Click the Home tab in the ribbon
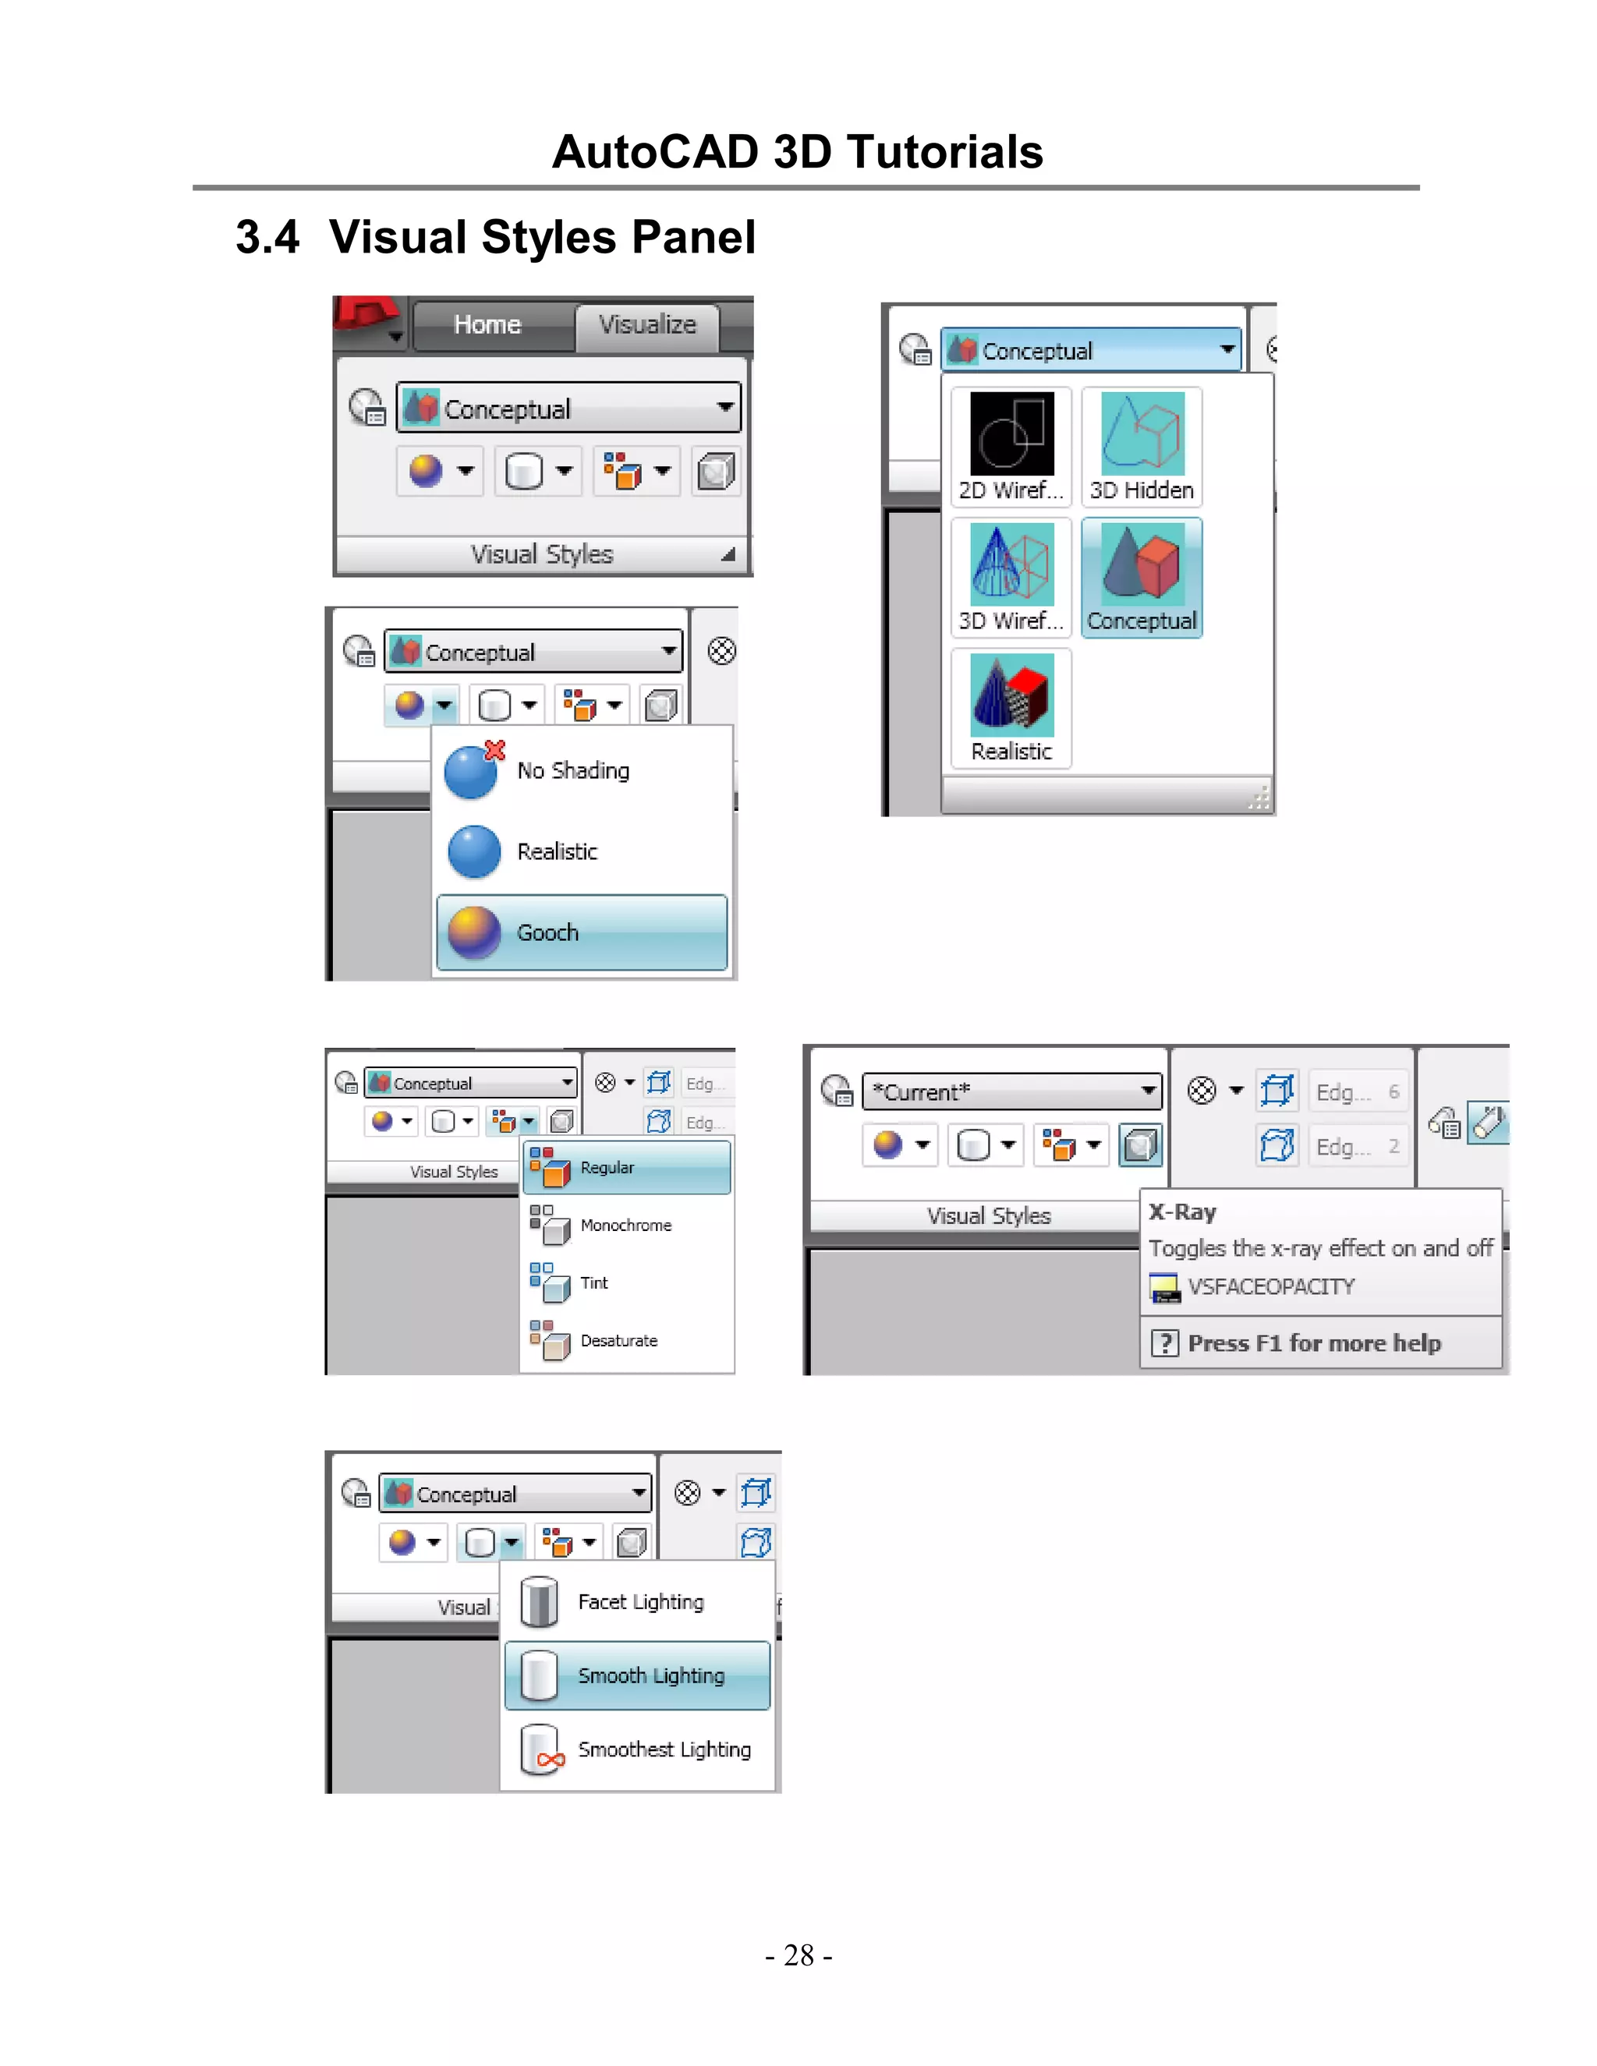[x=487, y=324]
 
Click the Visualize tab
[x=647, y=324]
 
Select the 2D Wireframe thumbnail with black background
[x=1011, y=445]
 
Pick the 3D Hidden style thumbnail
[x=1142, y=445]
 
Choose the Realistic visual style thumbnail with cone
[x=1011, y=706]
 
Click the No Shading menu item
[x=572, y=771]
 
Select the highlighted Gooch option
[x=581, y=932]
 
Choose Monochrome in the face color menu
[x=625, y=1225]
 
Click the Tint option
[x=594, y=1282]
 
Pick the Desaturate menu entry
[x=618, y=1340]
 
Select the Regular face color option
[x=625, y=1167]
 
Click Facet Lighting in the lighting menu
[x=640, y=1601]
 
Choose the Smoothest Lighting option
[x=664, y=1749]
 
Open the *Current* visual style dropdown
[x=1149, y=1091]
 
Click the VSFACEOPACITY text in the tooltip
[x=1270, y=1286]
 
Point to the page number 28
[x=798, y=1955]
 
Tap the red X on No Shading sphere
[x=495, y=750]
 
